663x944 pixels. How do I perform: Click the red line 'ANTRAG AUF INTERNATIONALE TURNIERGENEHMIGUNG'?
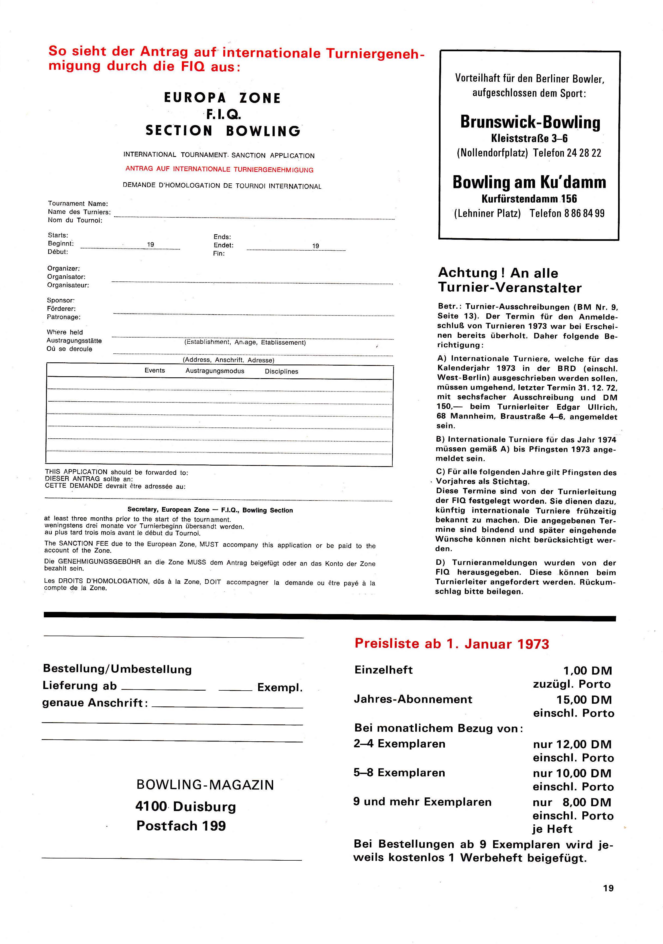[219, 169]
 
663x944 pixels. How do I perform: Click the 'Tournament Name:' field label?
[78, 204]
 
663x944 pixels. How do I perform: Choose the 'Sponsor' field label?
[61, 300]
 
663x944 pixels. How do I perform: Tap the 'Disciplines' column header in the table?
[282, 371]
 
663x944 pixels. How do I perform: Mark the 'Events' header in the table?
[155, 371]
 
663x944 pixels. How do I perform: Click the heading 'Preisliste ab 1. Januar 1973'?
[452, 644]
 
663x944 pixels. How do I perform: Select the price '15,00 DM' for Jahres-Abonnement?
[584, 700]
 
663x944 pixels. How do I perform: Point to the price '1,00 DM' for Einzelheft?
[587, 671]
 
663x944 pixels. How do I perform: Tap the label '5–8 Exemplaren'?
[399, 773]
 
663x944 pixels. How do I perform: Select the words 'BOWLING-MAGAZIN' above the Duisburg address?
[205, 785]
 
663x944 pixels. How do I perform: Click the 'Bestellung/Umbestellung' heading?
[117, 669]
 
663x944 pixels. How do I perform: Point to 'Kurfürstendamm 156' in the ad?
[529, 199]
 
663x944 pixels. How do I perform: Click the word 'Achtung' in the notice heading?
[468, 273]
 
